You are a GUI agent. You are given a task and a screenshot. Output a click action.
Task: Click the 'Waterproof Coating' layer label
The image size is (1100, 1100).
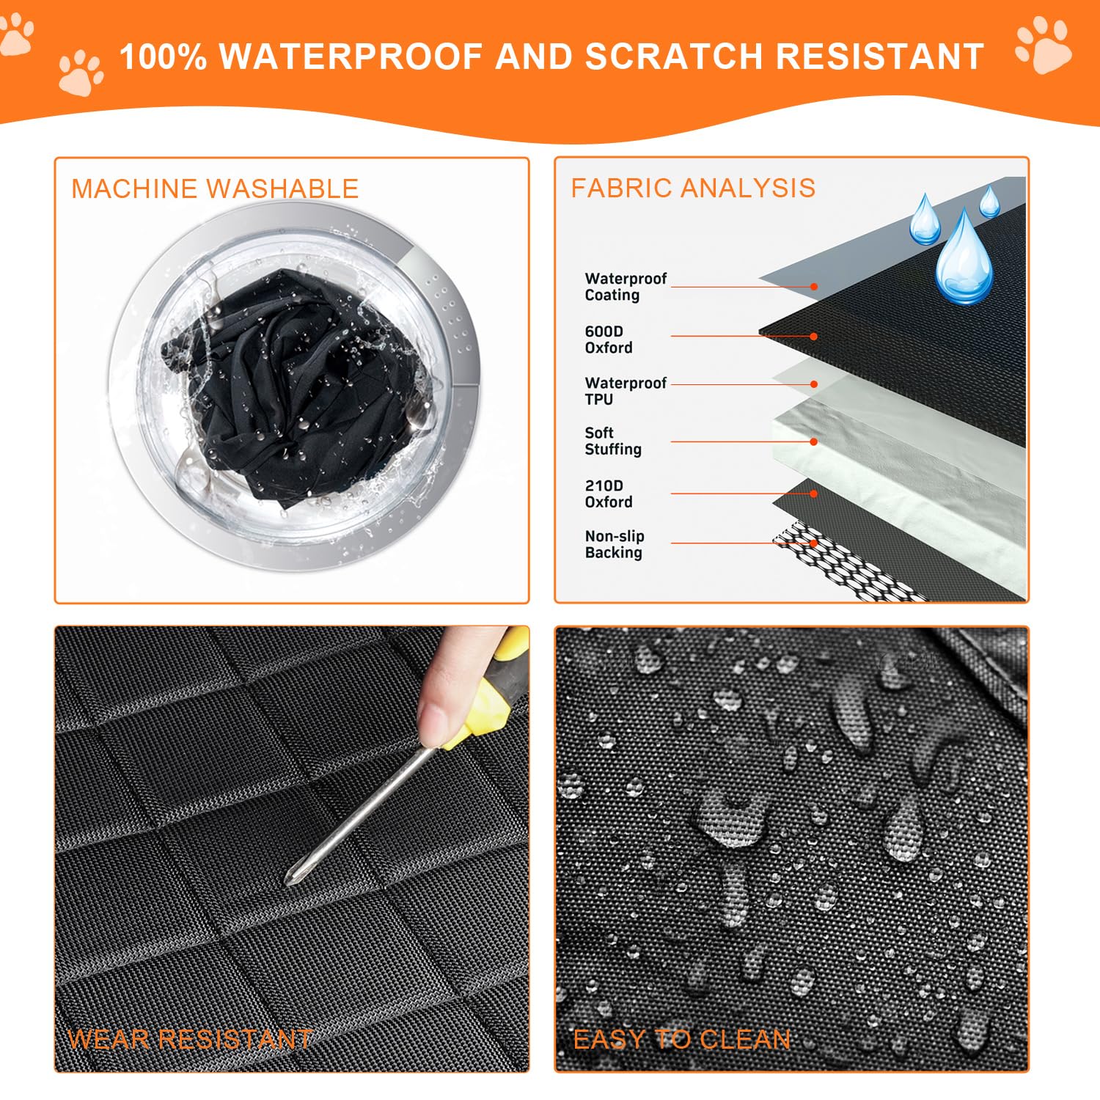[x=626, y=287]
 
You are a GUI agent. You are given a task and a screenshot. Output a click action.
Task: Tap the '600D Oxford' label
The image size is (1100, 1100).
[x=609, y=340]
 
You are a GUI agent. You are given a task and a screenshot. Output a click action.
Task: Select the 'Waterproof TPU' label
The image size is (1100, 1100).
[x=626, y=391]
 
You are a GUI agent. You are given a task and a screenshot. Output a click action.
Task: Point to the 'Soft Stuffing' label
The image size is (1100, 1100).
[x=613, y=441]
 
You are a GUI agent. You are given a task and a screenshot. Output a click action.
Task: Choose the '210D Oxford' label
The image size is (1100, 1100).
[x=609, y=494]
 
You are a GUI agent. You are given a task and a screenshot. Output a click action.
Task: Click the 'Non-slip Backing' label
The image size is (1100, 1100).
[x=615, y=545]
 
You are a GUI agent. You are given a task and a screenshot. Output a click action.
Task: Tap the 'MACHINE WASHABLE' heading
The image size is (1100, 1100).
[x=215, y=188]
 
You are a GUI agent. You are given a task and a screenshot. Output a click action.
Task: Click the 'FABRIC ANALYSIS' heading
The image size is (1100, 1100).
[x=693, y=188]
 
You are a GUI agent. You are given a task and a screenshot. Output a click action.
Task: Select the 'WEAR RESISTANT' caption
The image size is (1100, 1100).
[x=190, y=1039]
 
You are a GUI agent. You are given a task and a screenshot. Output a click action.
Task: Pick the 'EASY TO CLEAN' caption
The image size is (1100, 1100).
[x=682, y=1039]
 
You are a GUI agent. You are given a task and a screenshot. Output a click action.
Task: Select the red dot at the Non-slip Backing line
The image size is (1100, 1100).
[x=813, y=543]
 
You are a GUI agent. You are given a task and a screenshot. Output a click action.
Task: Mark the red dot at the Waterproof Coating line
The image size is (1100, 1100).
[x=814, y=287]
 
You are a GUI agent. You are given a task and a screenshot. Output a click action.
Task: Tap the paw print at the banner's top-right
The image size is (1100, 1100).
[x=1044, y=45]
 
